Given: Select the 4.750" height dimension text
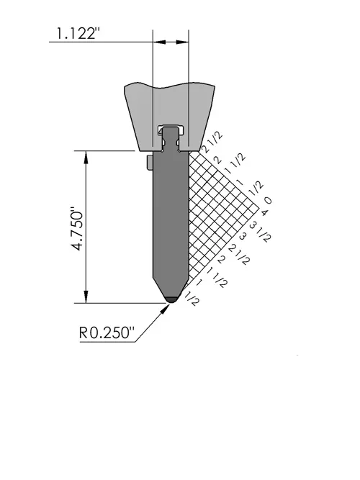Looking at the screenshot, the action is click(77, 229).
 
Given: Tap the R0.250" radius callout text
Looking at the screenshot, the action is click(107, 332).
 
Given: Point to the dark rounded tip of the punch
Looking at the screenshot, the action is click(171, 299).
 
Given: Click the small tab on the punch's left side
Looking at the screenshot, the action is click(150, 163).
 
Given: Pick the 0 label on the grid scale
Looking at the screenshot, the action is click(267, 201).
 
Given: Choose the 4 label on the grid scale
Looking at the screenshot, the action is click(264, 212).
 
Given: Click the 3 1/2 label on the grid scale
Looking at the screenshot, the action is click(261, 232).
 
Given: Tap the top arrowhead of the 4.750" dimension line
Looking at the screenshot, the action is click(86, 158).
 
